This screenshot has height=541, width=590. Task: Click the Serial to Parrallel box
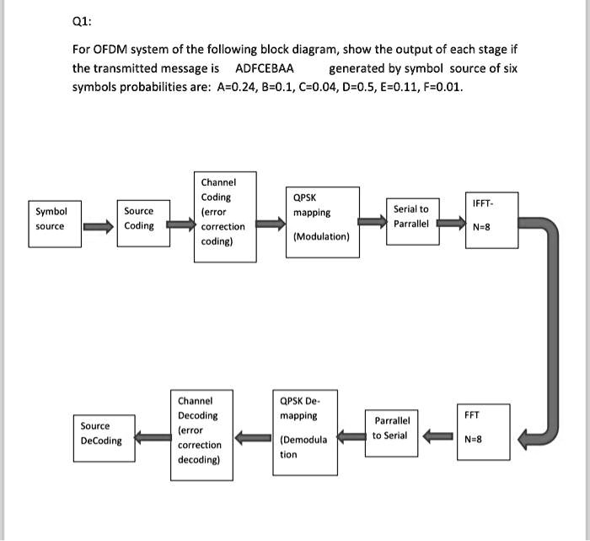coord(411,216)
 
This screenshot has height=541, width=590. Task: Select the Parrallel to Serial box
coord(392,428)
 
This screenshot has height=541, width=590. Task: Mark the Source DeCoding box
coord(101,435)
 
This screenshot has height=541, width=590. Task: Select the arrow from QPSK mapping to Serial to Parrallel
coord(372,221)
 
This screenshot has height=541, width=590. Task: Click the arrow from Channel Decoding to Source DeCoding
coord(153,436)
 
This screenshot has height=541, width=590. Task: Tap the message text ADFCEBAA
coord(264,68)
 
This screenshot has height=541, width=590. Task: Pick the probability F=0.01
coord(439,87)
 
